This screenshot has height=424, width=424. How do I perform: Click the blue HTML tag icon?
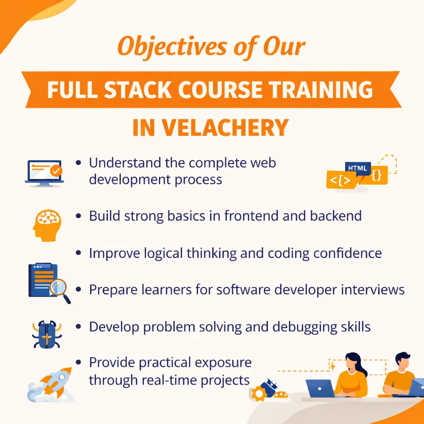coord(358,168)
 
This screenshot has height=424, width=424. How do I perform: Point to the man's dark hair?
coord(402,357)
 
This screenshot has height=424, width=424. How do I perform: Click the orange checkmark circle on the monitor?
coord(55,170)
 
